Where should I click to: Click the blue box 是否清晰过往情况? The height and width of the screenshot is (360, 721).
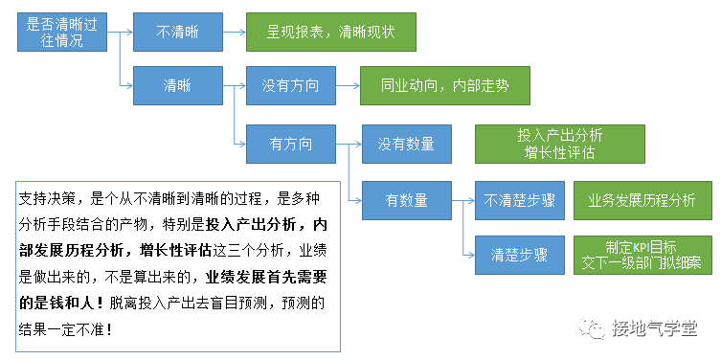[63, 32]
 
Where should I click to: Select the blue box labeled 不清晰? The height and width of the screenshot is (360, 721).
[177, 32]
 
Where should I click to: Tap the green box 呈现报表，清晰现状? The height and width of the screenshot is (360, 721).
[331, 32]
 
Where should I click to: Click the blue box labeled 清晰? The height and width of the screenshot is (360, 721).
[177, 86]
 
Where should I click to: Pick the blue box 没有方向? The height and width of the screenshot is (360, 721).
[291, 86]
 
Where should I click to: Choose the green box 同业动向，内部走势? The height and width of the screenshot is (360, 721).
[445, 86]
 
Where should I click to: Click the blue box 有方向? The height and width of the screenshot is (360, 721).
[291, 144]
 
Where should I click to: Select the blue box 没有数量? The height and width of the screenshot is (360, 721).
[406, 144]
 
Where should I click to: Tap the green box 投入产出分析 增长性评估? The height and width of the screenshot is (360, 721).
[564, 144]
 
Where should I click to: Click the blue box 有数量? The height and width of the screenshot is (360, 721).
[406, 200]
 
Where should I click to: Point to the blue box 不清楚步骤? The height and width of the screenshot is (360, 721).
[518, 200]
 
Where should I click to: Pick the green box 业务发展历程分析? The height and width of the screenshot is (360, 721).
[642, 200]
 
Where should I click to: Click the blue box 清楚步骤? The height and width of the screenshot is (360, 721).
[518, 256]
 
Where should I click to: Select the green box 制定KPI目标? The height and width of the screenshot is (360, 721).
[642, 256]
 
